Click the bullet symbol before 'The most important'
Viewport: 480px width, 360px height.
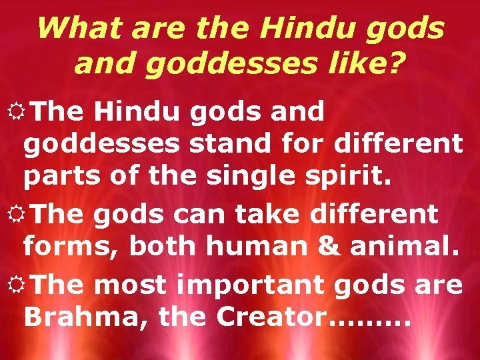point(15,285)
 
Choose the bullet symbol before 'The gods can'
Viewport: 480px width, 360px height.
point(15,214)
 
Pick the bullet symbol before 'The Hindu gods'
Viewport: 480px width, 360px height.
point(15,111)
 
